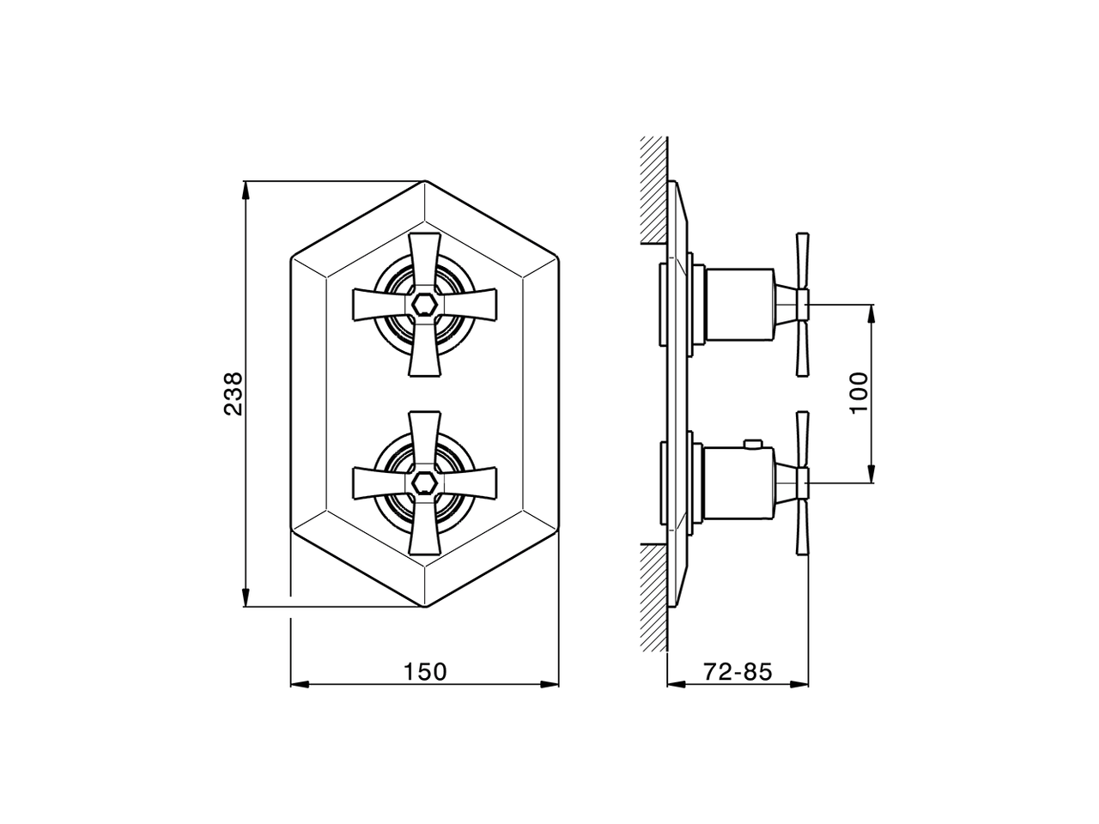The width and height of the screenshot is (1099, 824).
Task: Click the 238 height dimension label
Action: [x=233, y=394]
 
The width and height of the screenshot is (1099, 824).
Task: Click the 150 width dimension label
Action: [x=425, y=671]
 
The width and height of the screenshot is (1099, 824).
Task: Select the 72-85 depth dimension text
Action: [x=738, y=671]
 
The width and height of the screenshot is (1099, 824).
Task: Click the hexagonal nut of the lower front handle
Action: [x=425, y=482]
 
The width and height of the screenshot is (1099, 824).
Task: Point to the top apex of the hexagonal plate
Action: [x=425, y=182]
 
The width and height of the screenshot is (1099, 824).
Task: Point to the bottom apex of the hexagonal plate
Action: [x=425, y=607]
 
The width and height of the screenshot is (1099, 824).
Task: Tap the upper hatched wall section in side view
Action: [x=654, y=189]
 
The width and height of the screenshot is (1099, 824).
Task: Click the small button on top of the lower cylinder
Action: [x=754, y=444]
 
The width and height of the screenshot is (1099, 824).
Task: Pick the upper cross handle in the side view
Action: [x=803, y=304]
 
